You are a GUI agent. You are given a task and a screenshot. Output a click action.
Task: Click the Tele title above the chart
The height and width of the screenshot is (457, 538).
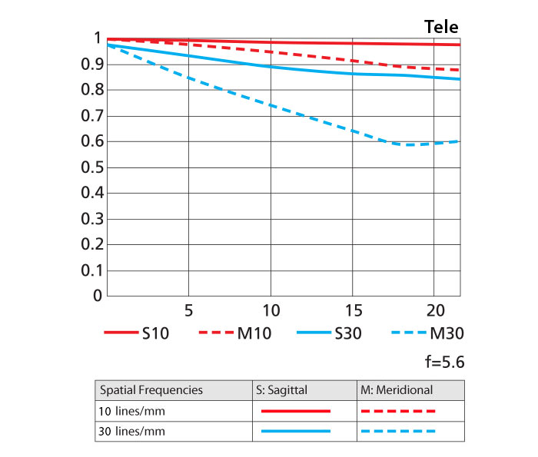(441, 27)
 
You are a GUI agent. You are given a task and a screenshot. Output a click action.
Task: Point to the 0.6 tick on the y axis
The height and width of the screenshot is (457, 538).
(92, 141)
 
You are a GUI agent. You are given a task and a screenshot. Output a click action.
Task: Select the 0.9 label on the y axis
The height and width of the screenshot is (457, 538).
(92, 65)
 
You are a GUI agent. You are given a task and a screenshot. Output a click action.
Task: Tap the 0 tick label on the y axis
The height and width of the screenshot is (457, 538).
(97, 296)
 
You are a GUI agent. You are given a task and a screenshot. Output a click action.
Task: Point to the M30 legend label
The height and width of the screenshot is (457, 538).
(447, 333)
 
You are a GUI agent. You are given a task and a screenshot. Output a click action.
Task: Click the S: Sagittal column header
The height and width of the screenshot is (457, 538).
(281, 390)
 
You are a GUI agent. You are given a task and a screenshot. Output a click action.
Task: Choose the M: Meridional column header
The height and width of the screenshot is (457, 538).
(397, 390)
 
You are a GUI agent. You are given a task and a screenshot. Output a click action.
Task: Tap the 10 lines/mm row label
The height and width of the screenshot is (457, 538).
(131, 411)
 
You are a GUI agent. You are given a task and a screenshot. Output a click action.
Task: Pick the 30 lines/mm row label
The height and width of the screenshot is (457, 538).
(131, 432)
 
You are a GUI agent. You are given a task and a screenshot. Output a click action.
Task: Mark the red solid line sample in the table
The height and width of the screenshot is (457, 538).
(296, 411)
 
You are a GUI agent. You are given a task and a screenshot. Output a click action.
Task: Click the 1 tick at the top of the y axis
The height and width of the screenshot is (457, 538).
(97, 38)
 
